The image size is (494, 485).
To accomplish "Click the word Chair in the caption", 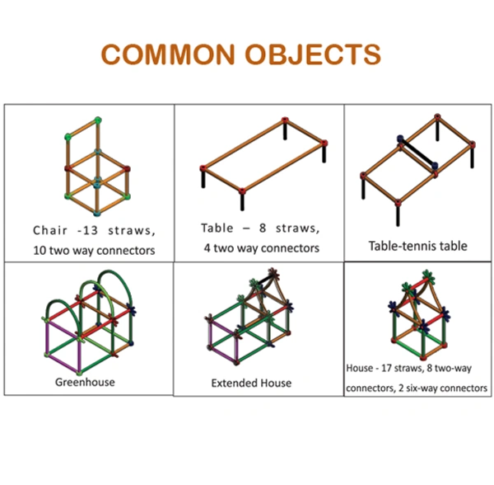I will [x=50, y=230].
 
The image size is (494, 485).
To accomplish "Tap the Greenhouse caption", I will [x=86, y=382].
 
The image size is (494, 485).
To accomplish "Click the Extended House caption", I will [x=251, y=383].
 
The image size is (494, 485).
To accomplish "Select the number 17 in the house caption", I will [x=397, y=368].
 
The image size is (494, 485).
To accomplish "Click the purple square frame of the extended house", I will [x=221, y=341].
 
